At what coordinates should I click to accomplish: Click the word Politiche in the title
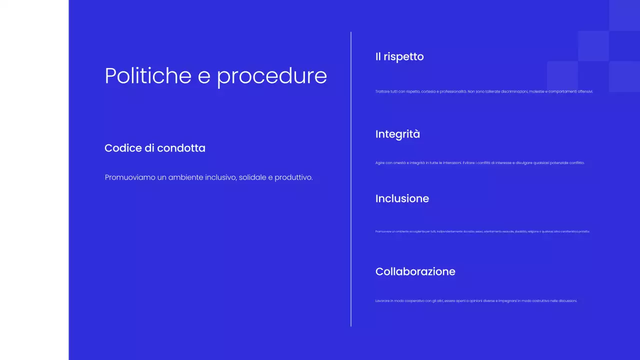pos(148,76)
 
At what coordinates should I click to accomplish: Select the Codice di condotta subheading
pos(155,148)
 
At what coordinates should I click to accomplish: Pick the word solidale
pos(255,177)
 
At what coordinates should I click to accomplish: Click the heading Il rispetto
pos(399,56)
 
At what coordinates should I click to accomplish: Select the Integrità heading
pos(397,134)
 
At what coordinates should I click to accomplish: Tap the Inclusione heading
pos(402,198)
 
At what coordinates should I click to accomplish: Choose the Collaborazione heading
pos(415,271)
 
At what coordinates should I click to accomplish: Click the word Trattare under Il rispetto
pos(382,91)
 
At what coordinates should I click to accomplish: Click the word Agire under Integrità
pos(379,163)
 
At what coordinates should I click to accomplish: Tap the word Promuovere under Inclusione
pos(381,231)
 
